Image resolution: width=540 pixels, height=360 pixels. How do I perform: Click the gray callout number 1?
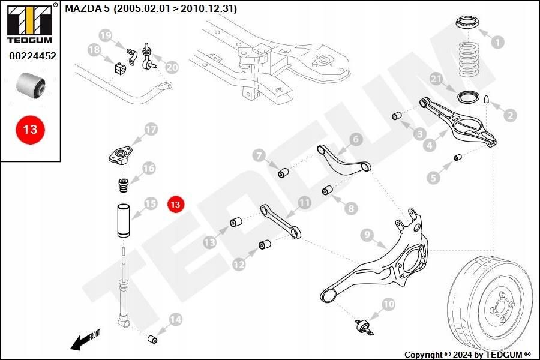(497, 42)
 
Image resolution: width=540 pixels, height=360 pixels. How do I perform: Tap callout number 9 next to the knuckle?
(367, 235)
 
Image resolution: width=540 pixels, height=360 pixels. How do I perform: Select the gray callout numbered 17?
(150, 129)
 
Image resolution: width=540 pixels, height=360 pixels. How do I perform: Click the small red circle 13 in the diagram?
(175, 205)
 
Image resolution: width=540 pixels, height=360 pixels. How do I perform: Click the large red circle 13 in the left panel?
(30, 129)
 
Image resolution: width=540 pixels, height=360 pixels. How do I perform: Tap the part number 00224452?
(32, 56)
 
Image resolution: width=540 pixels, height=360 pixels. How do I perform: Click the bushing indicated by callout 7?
(284, 174)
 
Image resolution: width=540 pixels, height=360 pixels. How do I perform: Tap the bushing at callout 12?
(262, 245)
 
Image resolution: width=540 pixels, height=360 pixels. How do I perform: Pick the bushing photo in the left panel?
(31, 85)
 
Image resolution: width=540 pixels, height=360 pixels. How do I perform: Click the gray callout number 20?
(172, 68)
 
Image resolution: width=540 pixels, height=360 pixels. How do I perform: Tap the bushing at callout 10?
(361, 328)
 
